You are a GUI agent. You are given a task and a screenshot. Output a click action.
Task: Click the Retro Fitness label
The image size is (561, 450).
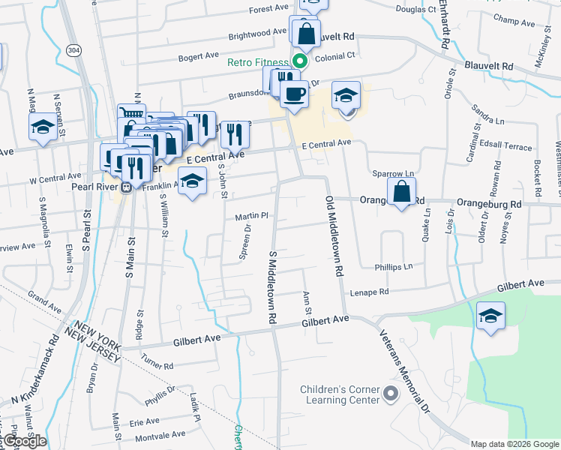pyautogui.click(x=259, y=62)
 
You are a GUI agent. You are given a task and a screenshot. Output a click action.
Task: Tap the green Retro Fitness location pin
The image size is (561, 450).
pyautogui.click(x=300, y=61)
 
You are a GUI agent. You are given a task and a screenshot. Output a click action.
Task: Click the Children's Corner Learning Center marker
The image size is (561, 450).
pyautogui.click(x=390, y=393)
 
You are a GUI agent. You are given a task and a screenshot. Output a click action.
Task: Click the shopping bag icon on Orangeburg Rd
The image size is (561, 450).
pyautogui.click(x=402, y=193)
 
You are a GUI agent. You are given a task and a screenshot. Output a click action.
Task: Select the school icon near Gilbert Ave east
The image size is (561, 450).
pyautogui.click(x=490, y=316)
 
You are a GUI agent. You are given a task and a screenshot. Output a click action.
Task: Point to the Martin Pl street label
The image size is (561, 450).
pyautogui.click(x=251, y=216)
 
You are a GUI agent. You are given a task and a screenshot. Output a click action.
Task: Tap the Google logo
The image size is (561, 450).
pyautogui.click(x=25, y=441)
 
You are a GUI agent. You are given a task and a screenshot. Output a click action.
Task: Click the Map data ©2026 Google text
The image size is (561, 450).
pyautogui.click(x=514, y=444)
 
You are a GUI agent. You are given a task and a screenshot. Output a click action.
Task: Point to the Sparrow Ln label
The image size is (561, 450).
pyautogui.click(x=388, y=173)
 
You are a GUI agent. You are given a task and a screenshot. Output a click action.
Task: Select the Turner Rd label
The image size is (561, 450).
pyautogui.click(x=157, y=366)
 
